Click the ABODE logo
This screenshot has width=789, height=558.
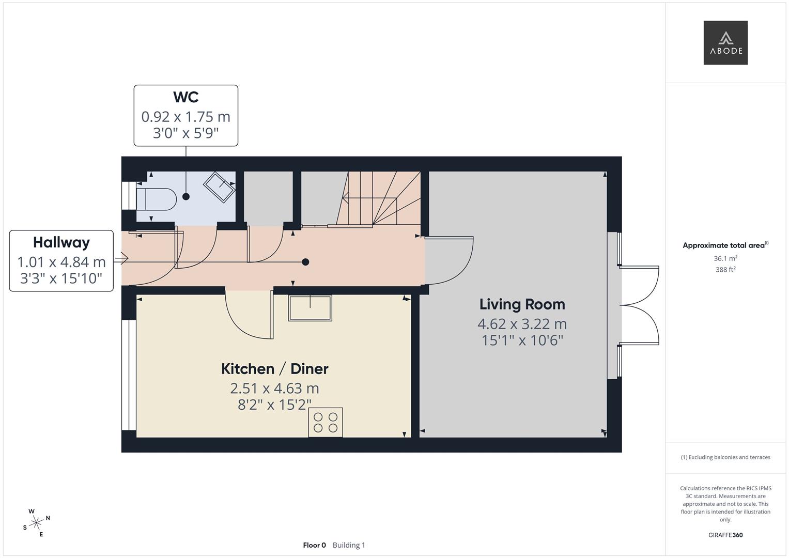(x=725, y=42)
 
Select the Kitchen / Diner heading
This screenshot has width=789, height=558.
(x=274, y=369)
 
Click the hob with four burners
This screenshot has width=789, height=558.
(x=326, y=423)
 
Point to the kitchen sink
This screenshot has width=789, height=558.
(x=310, y=308)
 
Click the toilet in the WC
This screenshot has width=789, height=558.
(x=157, y=199)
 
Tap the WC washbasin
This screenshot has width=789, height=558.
(x=219, y=187)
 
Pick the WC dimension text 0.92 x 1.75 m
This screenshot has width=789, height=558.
(x=185, y=117)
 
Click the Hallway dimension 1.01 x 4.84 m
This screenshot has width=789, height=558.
(x=61, y=262)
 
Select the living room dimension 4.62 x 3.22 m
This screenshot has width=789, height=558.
(x=522, y=324)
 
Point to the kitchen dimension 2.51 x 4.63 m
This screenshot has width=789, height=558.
(x=274, y=388)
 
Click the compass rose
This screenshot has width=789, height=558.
(x=36, y=523)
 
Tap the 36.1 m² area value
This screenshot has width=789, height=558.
(x=725, y=258)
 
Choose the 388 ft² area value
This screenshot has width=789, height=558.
(x=725, y=270)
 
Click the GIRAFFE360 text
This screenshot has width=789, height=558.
(x=725, y=535)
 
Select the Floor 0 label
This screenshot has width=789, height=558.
(x=315, y=545)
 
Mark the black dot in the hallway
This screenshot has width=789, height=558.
(x=306, y=262)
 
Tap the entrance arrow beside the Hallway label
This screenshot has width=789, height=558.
(x=121, y=258)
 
